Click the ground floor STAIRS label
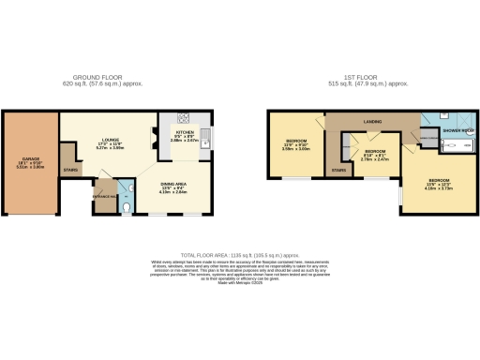pyautogui.click(x=69, y=170)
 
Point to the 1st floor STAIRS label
pyautogui.click(x=338, y=170)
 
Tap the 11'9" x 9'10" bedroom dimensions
pyautogui.click(x=296, y=148)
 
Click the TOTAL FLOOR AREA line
pyautogui.click(x=239, y=255)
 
